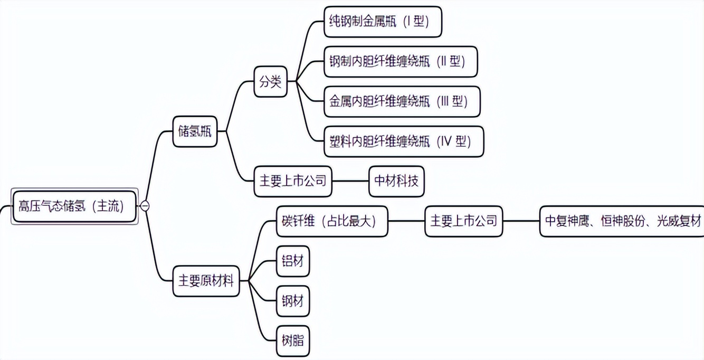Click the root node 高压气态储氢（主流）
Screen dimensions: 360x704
click(x=74, y=206)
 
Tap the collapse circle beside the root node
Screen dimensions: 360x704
click(x=145, y=206)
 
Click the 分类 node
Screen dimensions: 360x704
click(x=270, y=82)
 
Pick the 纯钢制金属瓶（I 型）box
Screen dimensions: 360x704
click(x=382, y=22)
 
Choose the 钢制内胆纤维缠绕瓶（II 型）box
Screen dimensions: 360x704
click(x=401, y=61)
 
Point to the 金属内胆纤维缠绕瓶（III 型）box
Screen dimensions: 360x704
click(x=402, y=101)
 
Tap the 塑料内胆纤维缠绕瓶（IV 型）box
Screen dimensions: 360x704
click(x=403, y=141)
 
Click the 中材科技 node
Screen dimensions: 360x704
click(x=396, y=181)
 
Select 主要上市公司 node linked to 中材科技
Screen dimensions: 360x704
click(x=293, y=181)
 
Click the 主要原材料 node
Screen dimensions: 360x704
click(x=206, y=281)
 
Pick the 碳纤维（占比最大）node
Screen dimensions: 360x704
click(x=332, y=221)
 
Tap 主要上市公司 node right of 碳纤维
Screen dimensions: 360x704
click(x=463, y=221)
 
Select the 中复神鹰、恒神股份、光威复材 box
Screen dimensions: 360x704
click(x=622, y=221)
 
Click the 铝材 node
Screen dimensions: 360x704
click(x=292, y=261)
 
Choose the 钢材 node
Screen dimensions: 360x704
click(x=292, y=301)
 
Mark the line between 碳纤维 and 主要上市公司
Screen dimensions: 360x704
click(x=406, y=221)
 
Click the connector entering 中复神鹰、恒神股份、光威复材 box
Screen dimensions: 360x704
click(x=521, y=221)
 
